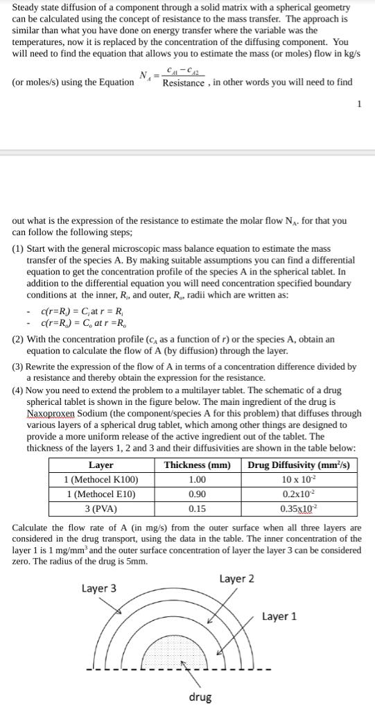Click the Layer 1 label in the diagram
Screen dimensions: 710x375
(x=280, y=616)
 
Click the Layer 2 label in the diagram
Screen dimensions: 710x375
(x=236, y=579)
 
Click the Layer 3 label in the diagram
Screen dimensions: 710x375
(x=99, y=589)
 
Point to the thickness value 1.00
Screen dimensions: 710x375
(x=198, y=479)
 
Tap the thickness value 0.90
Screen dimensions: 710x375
(x=198, y=494)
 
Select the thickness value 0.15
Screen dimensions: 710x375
(x=198, y=508)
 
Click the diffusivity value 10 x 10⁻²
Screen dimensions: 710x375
(x=301, y=479)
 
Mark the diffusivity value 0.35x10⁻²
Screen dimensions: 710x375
(x=301, y=508)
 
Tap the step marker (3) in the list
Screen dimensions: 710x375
(x=18, y=367)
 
